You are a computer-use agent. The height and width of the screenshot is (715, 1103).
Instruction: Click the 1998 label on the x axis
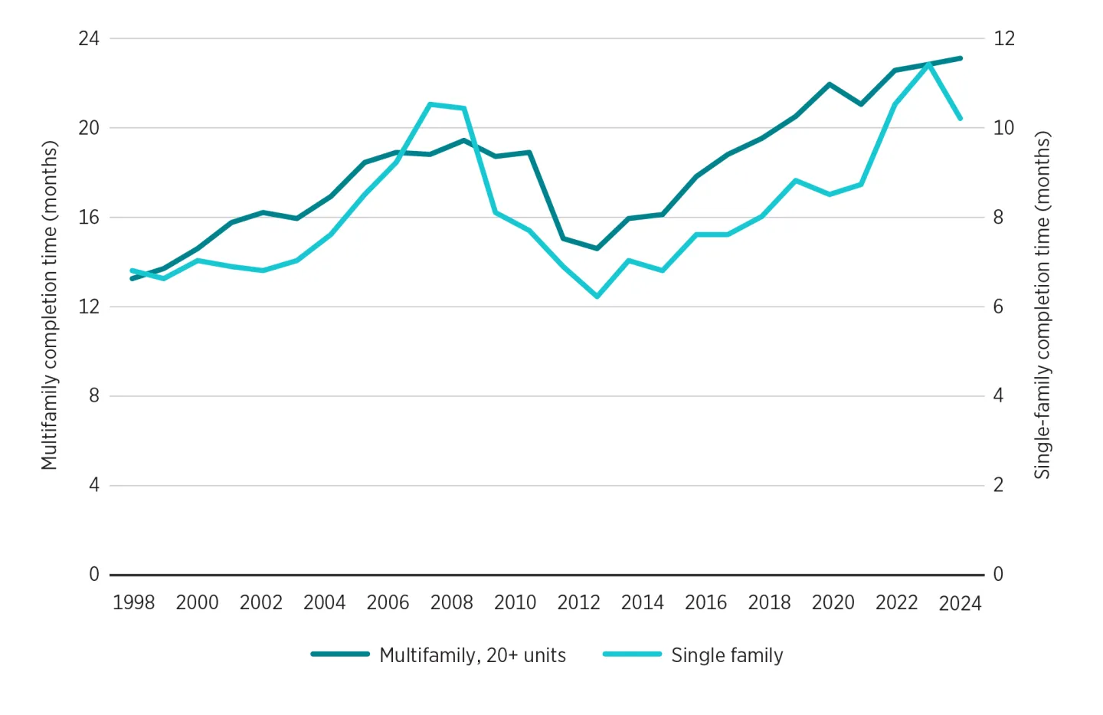click(133, 602)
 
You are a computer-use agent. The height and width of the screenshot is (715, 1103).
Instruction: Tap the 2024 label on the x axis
click(960, 604)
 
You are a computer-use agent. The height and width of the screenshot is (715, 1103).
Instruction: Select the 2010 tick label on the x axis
click(515, 602)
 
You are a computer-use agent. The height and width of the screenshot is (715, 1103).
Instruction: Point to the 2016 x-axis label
click(705, 602)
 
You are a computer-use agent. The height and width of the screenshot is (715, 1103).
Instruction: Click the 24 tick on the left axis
click(89, 38)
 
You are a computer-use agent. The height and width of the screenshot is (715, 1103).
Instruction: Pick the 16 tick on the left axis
click(89, 217)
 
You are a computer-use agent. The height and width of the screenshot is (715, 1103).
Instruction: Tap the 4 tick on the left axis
click(93, 485)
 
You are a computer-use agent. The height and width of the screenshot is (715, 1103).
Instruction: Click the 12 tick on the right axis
click(1003, 38)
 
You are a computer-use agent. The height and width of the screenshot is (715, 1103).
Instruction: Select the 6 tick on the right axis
click(998, 307)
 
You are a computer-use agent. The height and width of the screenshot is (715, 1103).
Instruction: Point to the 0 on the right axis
click(998, 574)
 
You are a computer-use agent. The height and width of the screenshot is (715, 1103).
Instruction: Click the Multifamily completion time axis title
click(50, 305)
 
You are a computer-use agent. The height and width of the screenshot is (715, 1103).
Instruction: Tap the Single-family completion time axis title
click(1042, 305)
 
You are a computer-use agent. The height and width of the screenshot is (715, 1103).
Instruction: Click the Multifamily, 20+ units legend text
click(473, 655)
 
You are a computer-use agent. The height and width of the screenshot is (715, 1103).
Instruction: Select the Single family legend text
click(727, 655)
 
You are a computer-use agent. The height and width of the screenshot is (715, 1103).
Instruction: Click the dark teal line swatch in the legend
click(340, 654)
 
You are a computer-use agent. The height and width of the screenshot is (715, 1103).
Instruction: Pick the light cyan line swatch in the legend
click(632, 654)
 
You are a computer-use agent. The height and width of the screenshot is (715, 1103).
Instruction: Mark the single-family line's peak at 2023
click(929, 64)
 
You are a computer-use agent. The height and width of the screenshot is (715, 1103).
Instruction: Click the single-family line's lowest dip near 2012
click(597, 296)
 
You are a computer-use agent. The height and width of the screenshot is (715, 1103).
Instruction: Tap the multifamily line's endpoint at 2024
click(961, 58)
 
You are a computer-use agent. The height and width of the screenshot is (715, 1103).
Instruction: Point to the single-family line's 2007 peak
click(430, 104)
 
